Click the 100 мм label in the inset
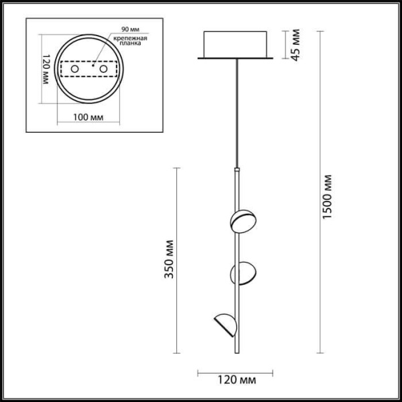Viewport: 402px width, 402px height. pos(88,117)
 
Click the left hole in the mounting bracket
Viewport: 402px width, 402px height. pos(76,70)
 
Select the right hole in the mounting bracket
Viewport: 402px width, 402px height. pos(104,70)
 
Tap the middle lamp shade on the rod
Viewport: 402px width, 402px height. pos(243,272)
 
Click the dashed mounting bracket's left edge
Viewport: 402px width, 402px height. pos(60,70)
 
